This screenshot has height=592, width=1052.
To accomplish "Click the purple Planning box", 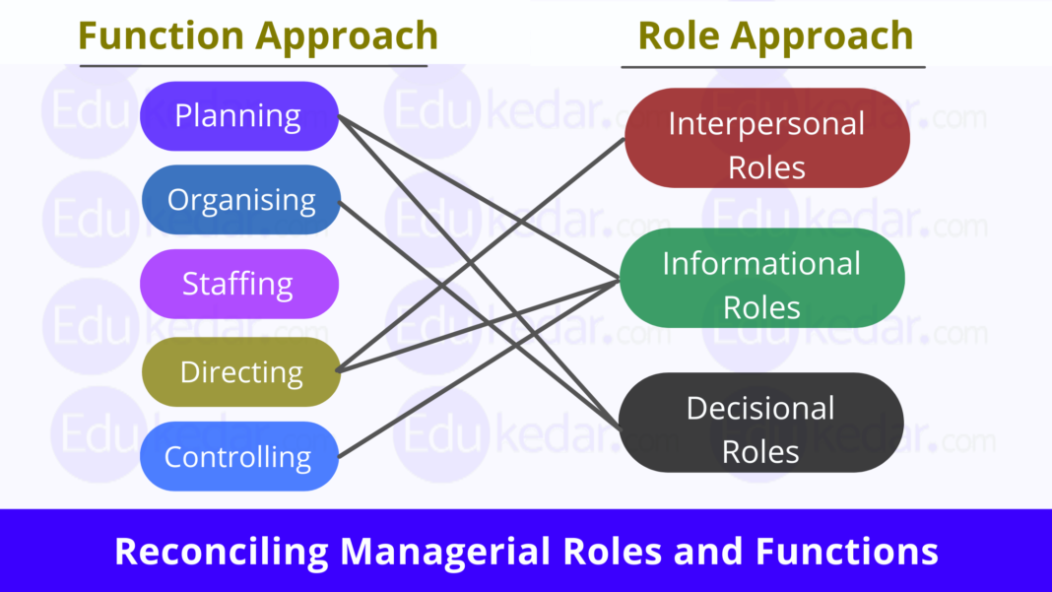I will click(238, 116).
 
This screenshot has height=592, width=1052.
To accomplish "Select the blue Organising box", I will click(240, 200).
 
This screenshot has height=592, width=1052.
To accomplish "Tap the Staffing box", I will click(238, 284).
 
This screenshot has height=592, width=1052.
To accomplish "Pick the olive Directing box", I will click(240, 372).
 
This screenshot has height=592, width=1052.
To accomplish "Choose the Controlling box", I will click(238, 457).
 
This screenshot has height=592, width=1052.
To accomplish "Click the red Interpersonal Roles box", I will click(766, 139).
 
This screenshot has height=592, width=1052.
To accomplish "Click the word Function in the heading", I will click(162, 35).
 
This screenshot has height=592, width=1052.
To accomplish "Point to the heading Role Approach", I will click(775, 35).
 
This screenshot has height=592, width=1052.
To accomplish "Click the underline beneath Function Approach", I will click(253, 66).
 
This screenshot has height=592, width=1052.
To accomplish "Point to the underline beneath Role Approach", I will click(772, 67).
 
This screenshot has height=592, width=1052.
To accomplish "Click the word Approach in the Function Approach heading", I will click(347, 35).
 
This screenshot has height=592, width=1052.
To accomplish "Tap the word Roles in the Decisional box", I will click(760, 451).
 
